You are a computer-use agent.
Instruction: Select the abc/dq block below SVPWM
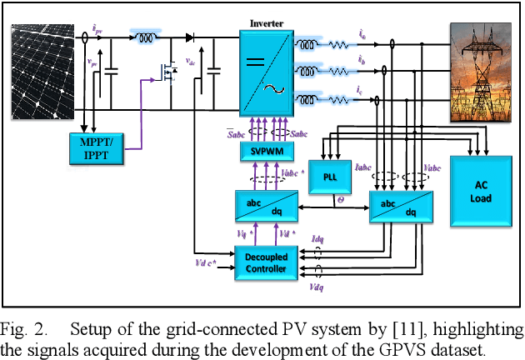click(x=263, y=206)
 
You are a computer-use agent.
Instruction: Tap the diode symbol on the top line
click(x=191, y=37)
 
